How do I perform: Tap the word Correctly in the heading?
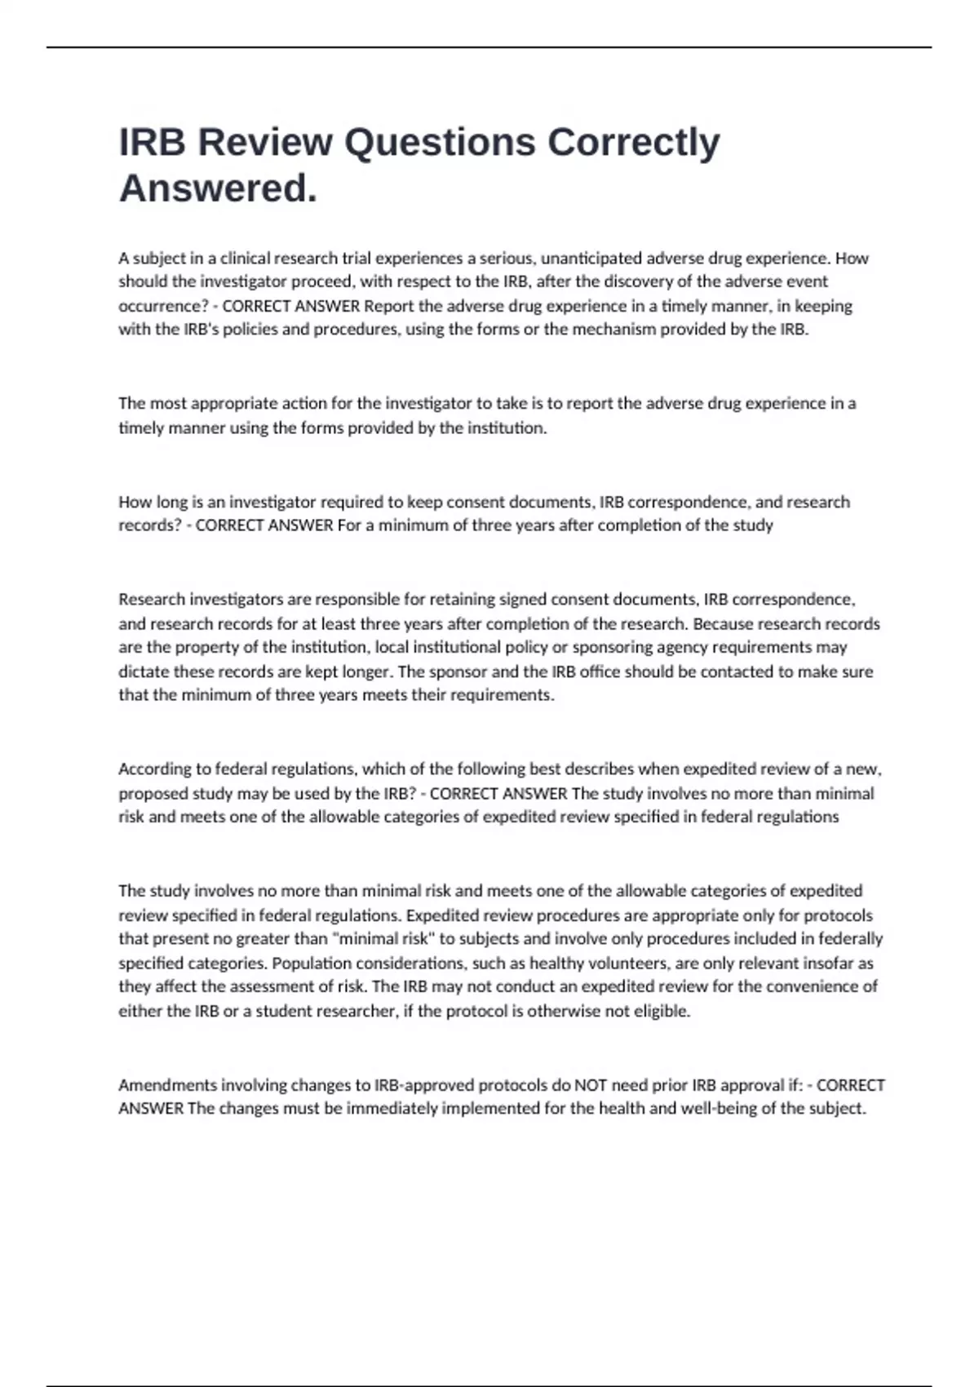click(633, 143)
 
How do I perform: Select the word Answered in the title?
click(214, 188)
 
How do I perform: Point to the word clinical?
click(245, 259)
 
